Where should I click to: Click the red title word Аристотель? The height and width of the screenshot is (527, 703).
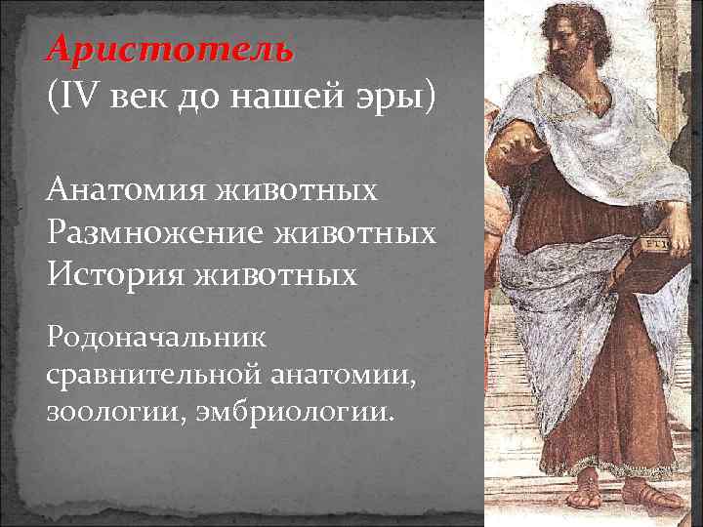pyautogui.click(x=168, y=50)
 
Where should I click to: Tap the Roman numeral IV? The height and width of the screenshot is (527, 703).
pyautogui.click(x=79, y=98)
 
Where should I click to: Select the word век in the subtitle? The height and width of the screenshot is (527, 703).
pyautogui.click(x=141, y=98)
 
